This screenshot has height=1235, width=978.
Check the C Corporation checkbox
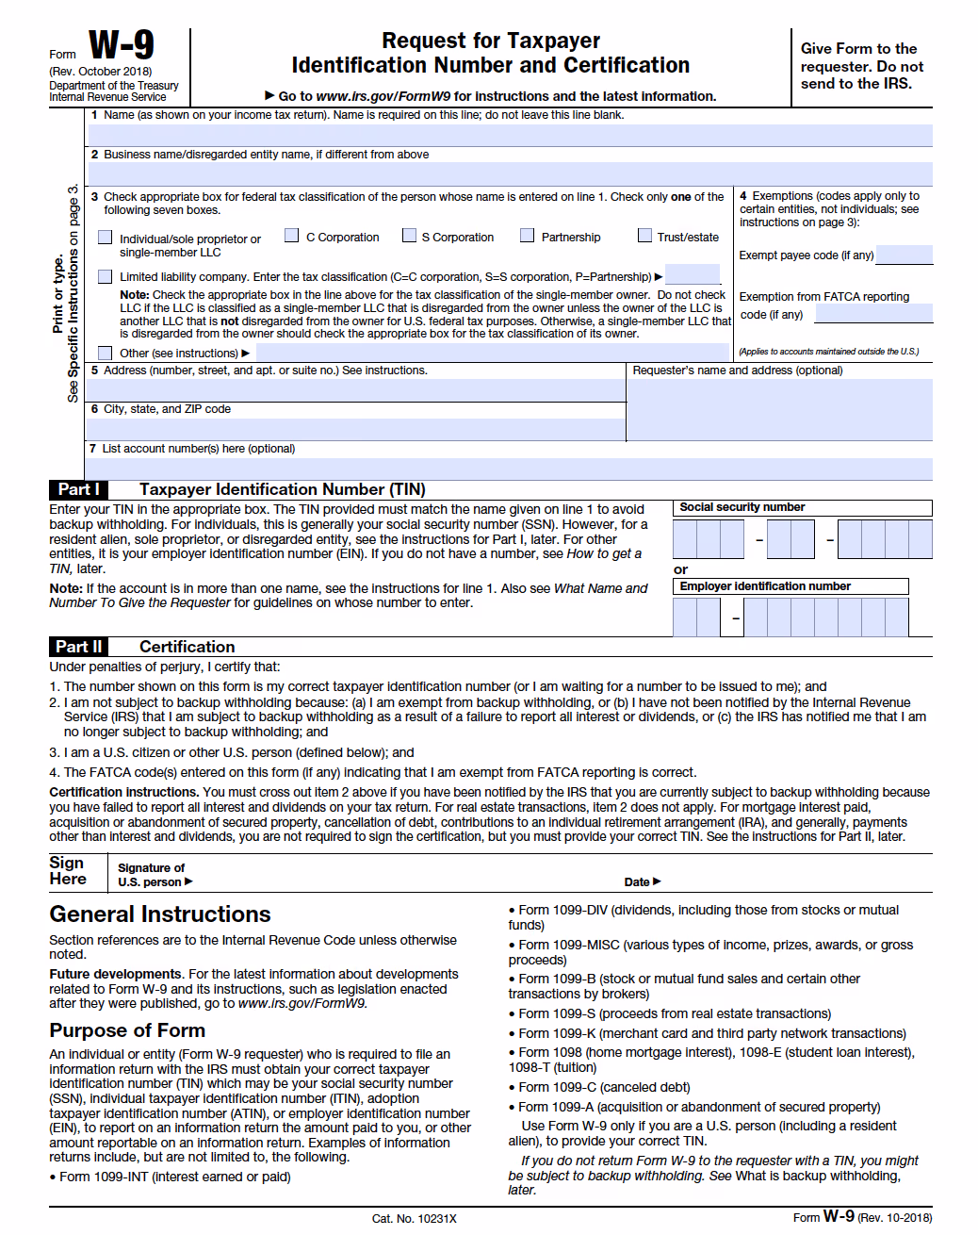pyautogui.click(x=292, y=236)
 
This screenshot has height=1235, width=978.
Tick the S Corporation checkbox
pyautogui.click(x=409, y=236)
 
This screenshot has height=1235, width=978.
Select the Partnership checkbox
pyautogui.click(x=528, y=236)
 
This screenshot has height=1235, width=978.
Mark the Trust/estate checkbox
pyautogui.click(x=644, y=236)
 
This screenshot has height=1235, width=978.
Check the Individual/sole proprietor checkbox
pyautogui.click(x=106, y=238)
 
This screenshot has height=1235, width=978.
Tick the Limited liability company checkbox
pyautogui.click(x=106, y=276)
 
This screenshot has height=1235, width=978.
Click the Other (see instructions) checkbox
pyautogui.click(x=106, y=353)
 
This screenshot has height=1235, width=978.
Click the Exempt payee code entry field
pyautogui.click(x=904, y=255)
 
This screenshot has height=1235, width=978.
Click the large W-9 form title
pyautogui.click(x=121, y=45)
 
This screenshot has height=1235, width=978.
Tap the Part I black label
pyautogui.click(x=78, y=489)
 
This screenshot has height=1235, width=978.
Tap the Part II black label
pyautogui.click(x=78, y=647)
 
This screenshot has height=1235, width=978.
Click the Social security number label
pyautogui.click(x=742, y=507)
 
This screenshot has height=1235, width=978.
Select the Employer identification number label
pyautogui.click(x=765, y=586)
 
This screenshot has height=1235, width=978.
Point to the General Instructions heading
pyautogui.click(x=160, y=914)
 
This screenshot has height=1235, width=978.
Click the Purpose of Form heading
pyautogui.click(x=127, y=1030)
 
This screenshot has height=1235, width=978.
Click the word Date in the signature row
pyautogui.click(x=637, y=882)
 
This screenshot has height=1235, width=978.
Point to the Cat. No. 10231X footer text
pyautogui.click(x=414, y=1219)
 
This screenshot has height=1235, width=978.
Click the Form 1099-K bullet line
pyautogui.click(x=711, y=1033)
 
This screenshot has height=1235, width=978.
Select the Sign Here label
pyautogui.click(x=68, y=871)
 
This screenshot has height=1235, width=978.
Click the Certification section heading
pyautogui.click(x=187, y=647)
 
